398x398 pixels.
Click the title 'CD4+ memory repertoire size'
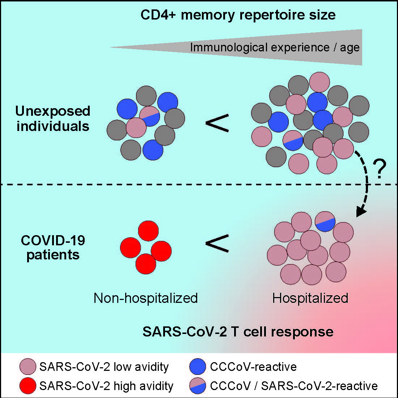(x=238, y=15)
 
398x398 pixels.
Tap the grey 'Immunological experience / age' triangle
(x=289, y=47)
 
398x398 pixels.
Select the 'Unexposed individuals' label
(x=53, y=119)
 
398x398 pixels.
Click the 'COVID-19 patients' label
(x=53, y=247)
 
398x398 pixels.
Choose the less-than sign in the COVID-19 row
(x=217, y=243)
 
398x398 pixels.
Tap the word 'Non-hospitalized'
(x=145, y=298)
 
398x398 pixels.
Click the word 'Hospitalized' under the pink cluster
(x=310, y=298)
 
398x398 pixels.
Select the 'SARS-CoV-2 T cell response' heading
(x=238, y=331)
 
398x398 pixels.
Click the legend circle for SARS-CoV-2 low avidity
(x=28, y=367)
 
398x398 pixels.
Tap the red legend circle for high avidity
(x=28, y=386)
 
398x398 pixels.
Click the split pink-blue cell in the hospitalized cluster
(x=325, y=221)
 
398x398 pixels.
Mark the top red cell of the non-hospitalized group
(x=148, y=230)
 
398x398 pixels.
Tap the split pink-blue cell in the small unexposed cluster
(x=149, y=116)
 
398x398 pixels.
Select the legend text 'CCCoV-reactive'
(x=253, y=367)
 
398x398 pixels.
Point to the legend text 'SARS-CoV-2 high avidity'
(x=106, y=386)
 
